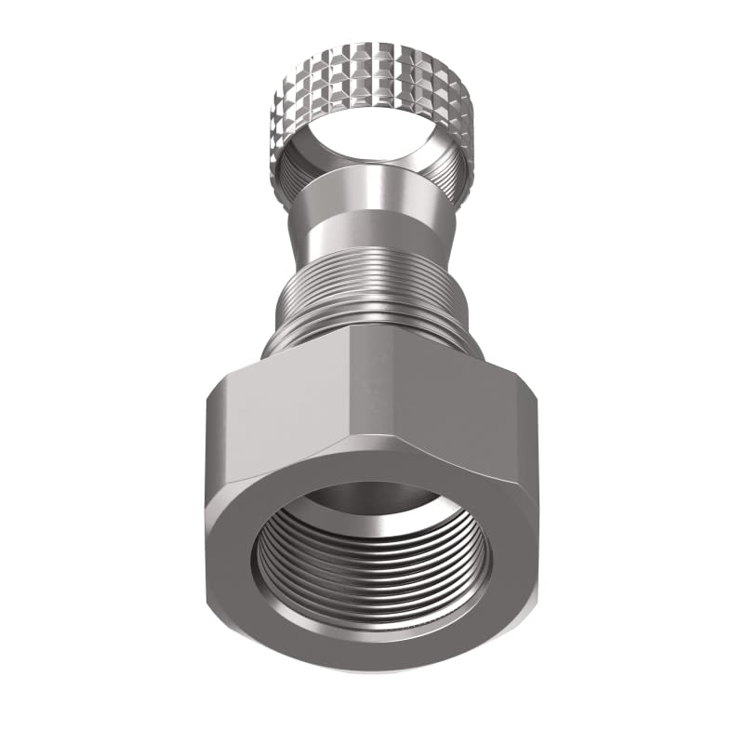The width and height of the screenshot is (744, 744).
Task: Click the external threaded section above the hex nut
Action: point(372,279)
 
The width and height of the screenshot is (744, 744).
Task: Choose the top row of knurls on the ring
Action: point(372,51)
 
